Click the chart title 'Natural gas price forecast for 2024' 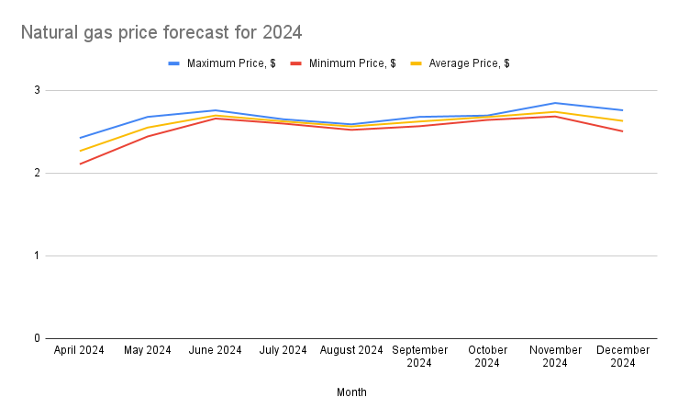(161, 33)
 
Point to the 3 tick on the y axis (38, 90)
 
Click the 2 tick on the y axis (38, 173)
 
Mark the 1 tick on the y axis (38, 255)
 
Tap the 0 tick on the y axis (38, 338)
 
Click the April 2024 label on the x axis (80, 350)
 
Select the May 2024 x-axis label (148, 350)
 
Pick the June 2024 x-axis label (216, 350)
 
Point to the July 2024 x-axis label (283, 350)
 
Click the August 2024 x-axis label (351, 350)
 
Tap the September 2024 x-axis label (419, 357)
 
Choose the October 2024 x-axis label (487, 357)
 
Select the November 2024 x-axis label (555, 357)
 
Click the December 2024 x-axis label (623, 357)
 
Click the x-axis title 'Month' (351, 392)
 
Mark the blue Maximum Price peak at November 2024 (555, 103)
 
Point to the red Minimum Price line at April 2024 (80, 164)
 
